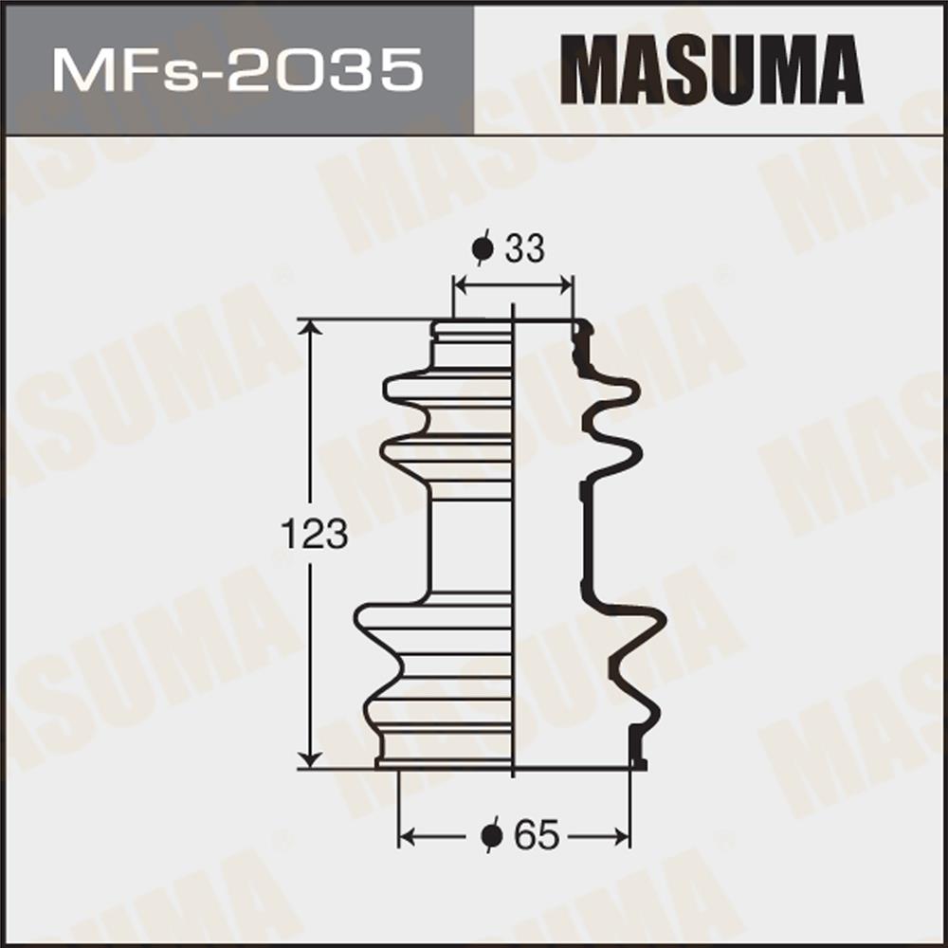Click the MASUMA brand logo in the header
pos(711,69)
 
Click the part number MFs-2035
pos(238,70)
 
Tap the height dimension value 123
pos(315,535)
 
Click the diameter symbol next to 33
pos(483,247)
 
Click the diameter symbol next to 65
pos(492,835)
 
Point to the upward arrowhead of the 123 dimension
pos(311,327)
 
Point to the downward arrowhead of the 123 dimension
pos(311,760)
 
